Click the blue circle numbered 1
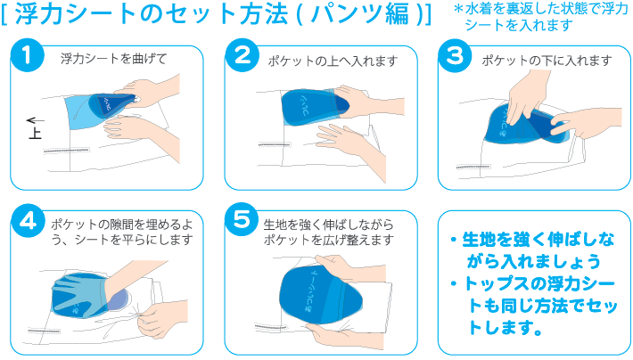tap(28, 56)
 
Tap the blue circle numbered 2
tap(242, 56)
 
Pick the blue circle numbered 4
tap(28, 219)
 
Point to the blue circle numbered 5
tap(242, 219)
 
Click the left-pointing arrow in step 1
tap(36, 119)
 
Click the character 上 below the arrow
tap(36, 134)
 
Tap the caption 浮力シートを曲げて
tap(113, 60)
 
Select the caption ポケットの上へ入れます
tap(332, 61)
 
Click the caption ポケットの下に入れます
tap(547, 61)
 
